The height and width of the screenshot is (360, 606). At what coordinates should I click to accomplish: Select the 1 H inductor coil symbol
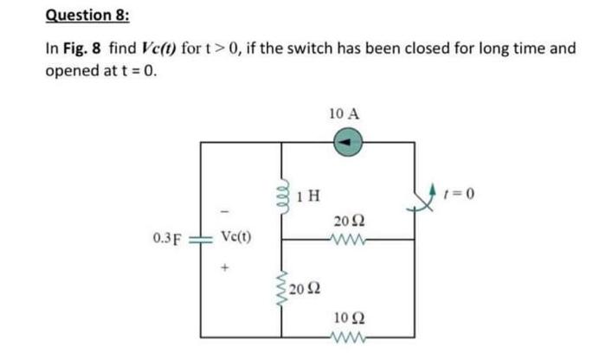[x=280, y=196]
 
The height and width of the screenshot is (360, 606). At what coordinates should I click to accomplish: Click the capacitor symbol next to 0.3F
[x=201, y=236]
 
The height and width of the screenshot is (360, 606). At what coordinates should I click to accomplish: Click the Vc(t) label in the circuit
[x=236, y=235]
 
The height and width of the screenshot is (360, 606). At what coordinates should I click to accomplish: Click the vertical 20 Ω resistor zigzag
[x=280, y=288]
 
